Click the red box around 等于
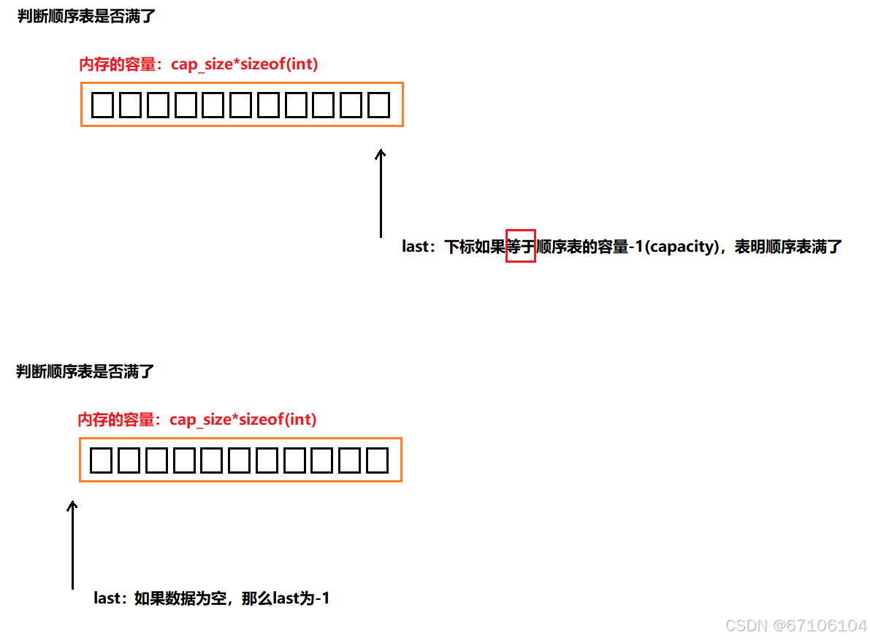pyautogui.click(x=521, y=246)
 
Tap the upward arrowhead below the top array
pyautogui.click(x=380, y=155)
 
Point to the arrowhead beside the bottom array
pyautogui.click(x=72, y=506)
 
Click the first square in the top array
pyautogui.click(x=103, y=106)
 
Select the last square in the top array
pyautogui.click(x=378, y=106)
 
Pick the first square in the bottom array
pyautogui.click(x=102, y=461)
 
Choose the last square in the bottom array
pyautogui.click(x=377, y=461)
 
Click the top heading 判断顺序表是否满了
pyautogui.click(x=87, y=16)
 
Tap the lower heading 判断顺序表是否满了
pyautogui.click(x=85, y=371)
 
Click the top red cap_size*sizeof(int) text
pyautogui.click(x=245, y=64)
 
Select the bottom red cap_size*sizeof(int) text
pyautogui.click(x=243, y=420)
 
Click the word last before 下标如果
pyautogui.click(x=416, y=247)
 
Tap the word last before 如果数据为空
pyautogui.click(x=107, y=598)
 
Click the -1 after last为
pyautogui.click(x=321, y=598)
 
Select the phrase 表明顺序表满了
pyautogui.click(x=789, y=247)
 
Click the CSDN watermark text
pyautogui.click(x=796, y=625)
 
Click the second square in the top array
pyautogui.click(x=130, y=106)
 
